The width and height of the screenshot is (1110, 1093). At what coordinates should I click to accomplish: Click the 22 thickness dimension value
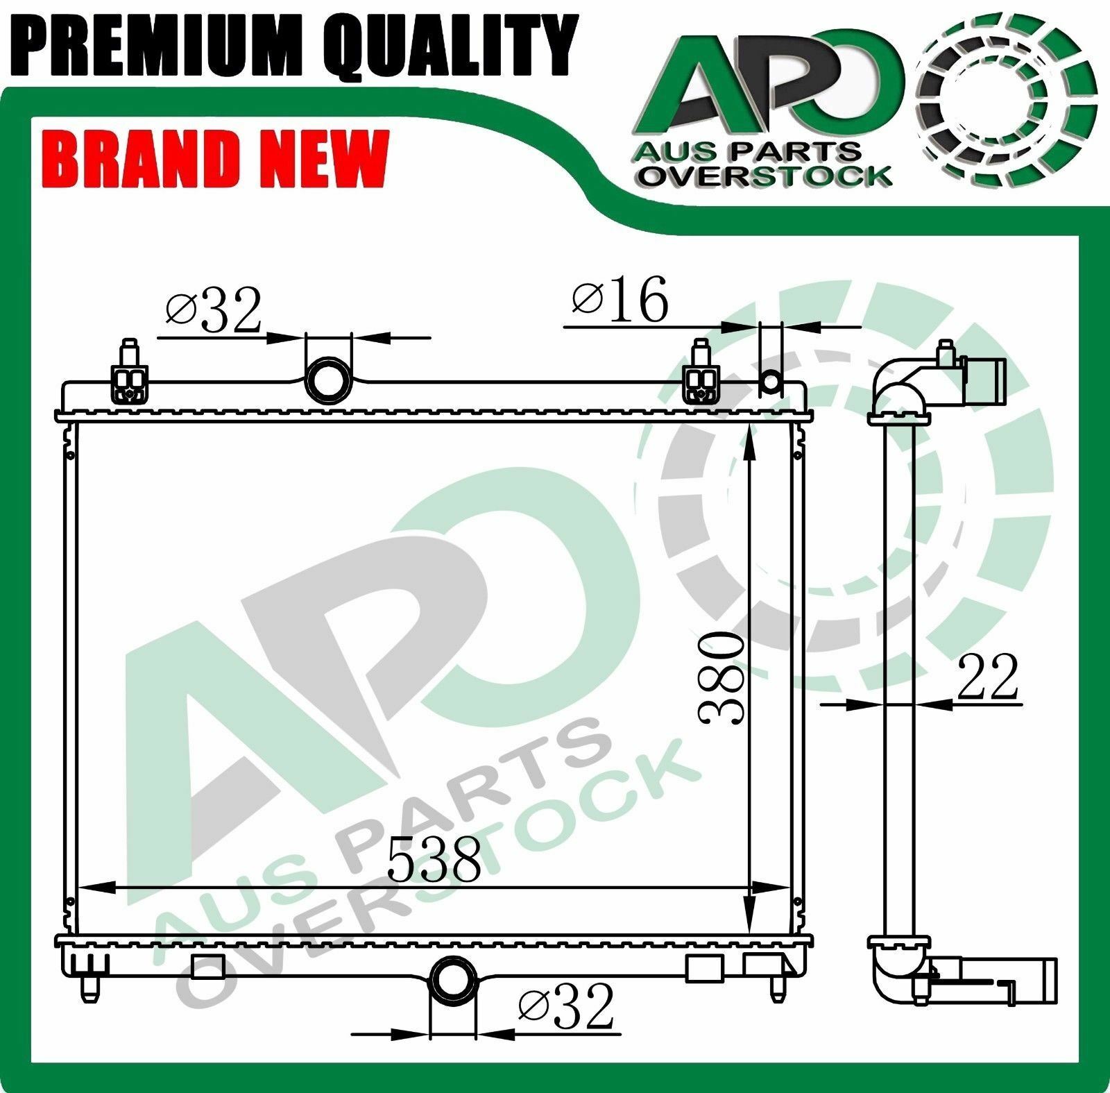pyautogui.click(x=987, y=677)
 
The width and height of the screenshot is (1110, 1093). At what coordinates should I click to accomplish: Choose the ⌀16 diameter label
pyautogui.click(x=620, y=300)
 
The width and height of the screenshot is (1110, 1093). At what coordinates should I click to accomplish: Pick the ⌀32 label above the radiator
pyautogui.click(x=213, y=310)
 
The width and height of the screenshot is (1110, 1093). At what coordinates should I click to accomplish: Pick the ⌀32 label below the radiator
pyautogui.click(x=566, y=1006)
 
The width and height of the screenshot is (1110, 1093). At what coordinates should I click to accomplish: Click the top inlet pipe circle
pyautogui.click(x=328, y=380)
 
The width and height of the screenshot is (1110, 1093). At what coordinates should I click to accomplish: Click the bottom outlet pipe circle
pyautogui.click(x=454, y=980)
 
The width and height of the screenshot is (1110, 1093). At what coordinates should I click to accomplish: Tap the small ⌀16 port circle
pyautogui.click(x=771, y=380)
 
